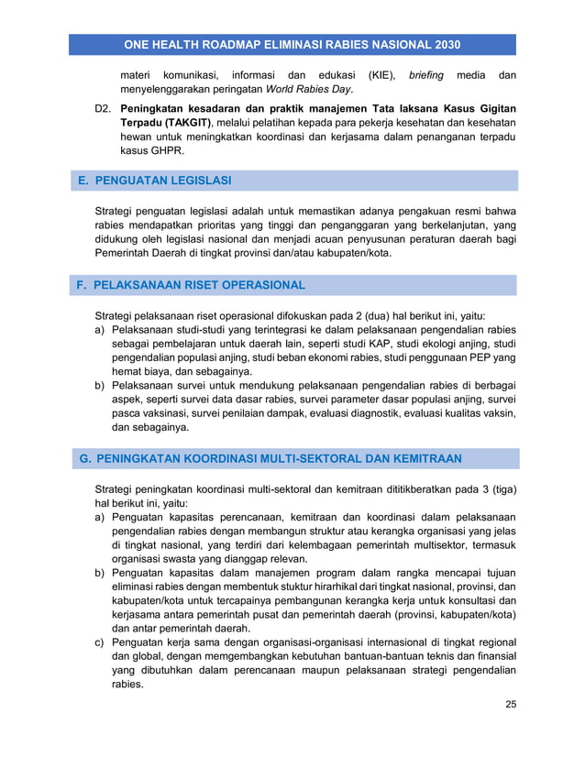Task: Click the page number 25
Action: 511,704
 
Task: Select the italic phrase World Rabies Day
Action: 309,89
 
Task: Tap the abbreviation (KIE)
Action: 384,74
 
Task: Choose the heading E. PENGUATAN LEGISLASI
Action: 155,181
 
